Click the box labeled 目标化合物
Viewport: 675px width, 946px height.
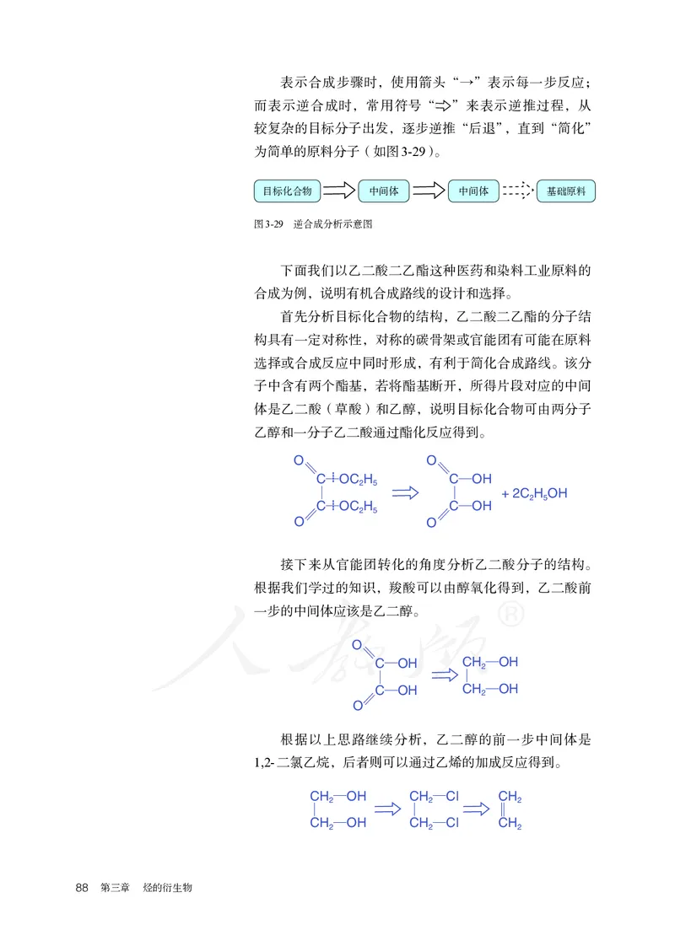(x=287, y=191)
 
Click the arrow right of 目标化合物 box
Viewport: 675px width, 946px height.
(x=339, y=191)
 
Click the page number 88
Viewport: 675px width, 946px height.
(x=82, y=888)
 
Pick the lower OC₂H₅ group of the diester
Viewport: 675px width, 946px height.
(x=358, y=508)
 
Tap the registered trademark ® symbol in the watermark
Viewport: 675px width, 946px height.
(x=511, y=616)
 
